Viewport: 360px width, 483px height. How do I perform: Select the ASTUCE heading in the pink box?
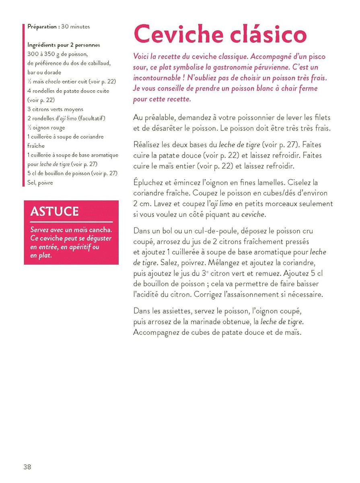[x=54, y=211]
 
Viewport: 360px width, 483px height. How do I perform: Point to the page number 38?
[x=27, y=467]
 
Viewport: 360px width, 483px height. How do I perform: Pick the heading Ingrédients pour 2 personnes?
[x=64, y=45]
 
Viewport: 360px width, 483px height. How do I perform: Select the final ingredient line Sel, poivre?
[x=40, y=182]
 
